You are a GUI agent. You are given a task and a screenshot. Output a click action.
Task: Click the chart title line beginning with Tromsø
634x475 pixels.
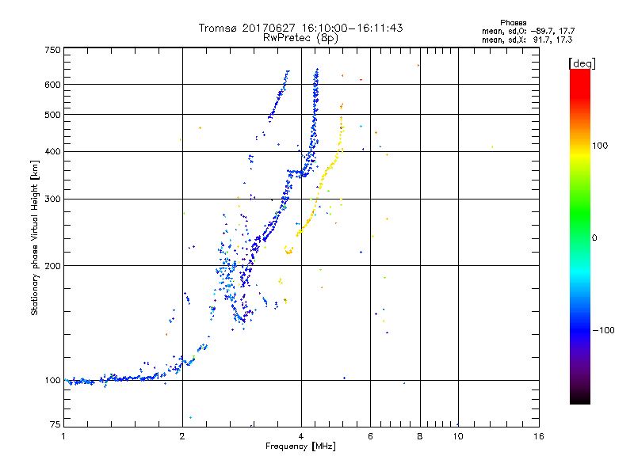(301, 28)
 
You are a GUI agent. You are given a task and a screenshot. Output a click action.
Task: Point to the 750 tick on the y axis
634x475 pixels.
(53, 50)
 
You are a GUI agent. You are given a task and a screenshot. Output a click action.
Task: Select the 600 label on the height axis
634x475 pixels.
(53, 85)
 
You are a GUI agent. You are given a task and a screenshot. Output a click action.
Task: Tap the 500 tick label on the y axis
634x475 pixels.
(53, 115)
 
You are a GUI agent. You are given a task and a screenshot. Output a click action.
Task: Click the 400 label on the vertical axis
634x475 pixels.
(53, 151)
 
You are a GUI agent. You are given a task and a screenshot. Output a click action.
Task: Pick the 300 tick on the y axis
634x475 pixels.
(53, 199)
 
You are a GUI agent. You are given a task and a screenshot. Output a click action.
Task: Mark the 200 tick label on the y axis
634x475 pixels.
(53, 265)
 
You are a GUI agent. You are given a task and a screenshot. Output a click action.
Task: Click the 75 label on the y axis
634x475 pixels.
(55, 425)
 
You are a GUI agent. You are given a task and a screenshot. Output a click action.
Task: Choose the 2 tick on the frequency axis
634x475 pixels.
(182, 436)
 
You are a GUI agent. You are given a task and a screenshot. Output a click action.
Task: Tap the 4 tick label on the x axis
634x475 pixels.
(301, 436)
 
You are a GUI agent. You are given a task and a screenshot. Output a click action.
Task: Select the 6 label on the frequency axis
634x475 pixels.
(371, 436)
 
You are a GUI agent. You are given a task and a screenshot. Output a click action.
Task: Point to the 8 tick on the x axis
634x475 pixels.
(420, 436)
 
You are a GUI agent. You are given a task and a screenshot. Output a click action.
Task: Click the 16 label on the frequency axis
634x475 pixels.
(539, 436)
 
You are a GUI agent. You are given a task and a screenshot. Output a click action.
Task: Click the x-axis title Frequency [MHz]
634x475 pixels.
(301, 447)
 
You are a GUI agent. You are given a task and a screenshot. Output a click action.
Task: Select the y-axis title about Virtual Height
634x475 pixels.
(35, 237)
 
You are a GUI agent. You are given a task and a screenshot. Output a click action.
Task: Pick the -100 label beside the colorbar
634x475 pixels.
(604, 330)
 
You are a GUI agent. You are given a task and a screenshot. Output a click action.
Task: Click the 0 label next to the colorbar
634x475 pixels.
(596, 237)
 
